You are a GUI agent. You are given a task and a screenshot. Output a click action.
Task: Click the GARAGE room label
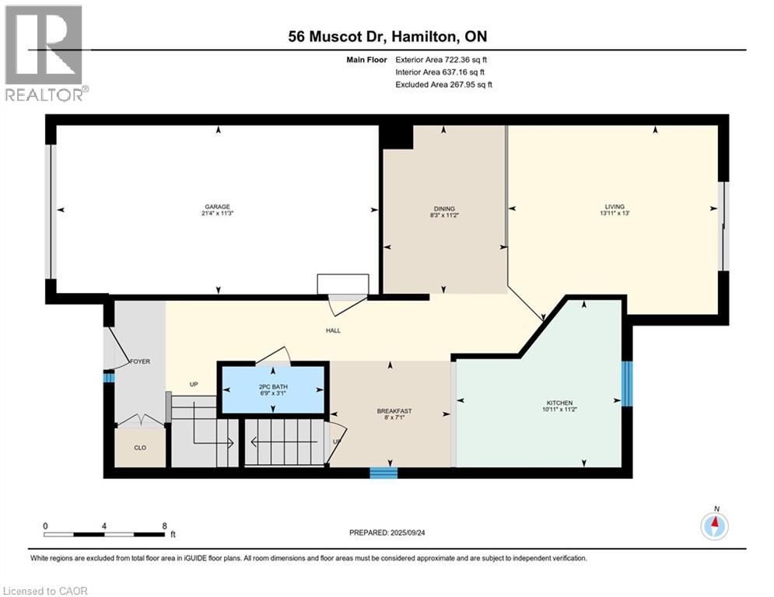point(218,207)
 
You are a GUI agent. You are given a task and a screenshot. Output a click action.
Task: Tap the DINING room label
point(443,208)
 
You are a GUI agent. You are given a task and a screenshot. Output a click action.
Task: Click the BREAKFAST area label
point(394,411)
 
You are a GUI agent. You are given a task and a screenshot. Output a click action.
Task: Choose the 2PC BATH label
point(273,386)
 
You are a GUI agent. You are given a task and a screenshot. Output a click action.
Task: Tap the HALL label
point(334,330)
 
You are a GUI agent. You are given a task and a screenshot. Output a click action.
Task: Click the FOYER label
point(140,361)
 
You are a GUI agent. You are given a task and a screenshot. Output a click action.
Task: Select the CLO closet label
point(140,448)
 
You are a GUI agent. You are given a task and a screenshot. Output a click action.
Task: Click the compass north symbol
point(713,526)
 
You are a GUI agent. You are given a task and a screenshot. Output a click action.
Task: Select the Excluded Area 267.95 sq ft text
point(443,84)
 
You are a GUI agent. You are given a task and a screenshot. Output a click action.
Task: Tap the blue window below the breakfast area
point(383,472)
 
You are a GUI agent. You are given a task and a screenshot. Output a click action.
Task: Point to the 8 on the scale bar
point(164,525)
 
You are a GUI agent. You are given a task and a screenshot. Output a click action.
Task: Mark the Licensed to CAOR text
point(46,591)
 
